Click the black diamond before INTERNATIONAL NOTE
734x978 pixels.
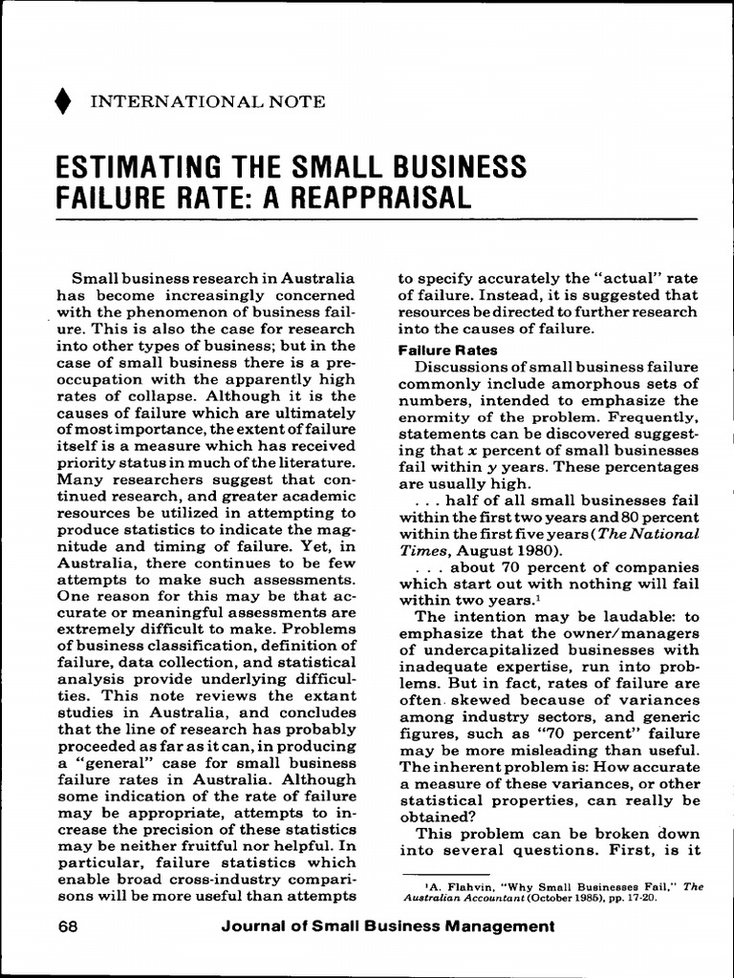[63, 101]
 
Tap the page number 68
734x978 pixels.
[68, 925]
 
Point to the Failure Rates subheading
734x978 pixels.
[447, 350]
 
